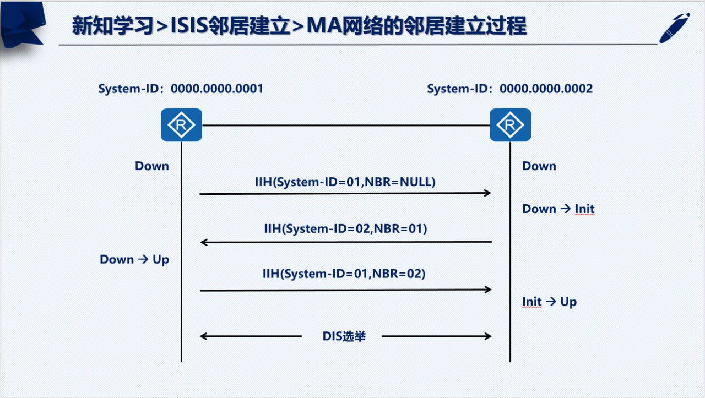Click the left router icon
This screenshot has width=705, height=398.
click(x=181, y=125)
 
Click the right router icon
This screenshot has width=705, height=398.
click(x=510, y=125)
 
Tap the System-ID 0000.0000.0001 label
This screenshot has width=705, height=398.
click(x=181, y=89)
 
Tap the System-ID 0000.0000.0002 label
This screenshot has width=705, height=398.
click(x=510, y=89)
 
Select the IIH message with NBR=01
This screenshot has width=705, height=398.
click(x=345, y=228)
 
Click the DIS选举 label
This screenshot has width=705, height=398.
click(x=344, y=336)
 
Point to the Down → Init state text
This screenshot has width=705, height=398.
click(x=558, y=209)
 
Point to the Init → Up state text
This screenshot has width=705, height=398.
click(x=549, y=302)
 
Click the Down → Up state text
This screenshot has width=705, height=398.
click(x=134, y=259)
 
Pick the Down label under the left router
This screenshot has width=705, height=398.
click(x=152, y=166)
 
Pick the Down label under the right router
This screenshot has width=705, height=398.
click(x=539, y=166)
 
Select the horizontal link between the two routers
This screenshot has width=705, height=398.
click(x=345, y=125)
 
